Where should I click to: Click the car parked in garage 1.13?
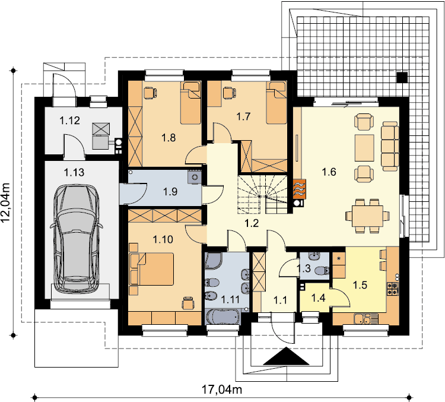[77, 239]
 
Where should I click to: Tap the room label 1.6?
[329, 172]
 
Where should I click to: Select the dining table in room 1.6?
[367, 216]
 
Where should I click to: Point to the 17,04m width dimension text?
[222, 389]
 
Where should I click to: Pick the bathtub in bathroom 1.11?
[223, 316]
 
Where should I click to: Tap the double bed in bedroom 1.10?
[151, 269]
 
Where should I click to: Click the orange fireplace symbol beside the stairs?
[300, 189]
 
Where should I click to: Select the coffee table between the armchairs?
[364, 148]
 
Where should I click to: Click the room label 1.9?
[170, 191]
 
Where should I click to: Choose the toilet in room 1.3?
[322, 270]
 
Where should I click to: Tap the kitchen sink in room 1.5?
[363, 319]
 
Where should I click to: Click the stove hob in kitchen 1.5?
[393, 288]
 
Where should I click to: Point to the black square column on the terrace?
[402, 77]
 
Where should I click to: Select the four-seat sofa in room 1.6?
[390, 146]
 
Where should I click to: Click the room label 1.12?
[69, 121]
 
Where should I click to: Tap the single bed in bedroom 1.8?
[190, 103]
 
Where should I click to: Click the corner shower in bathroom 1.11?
[214, 261]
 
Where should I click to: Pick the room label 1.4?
[318, 297]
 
